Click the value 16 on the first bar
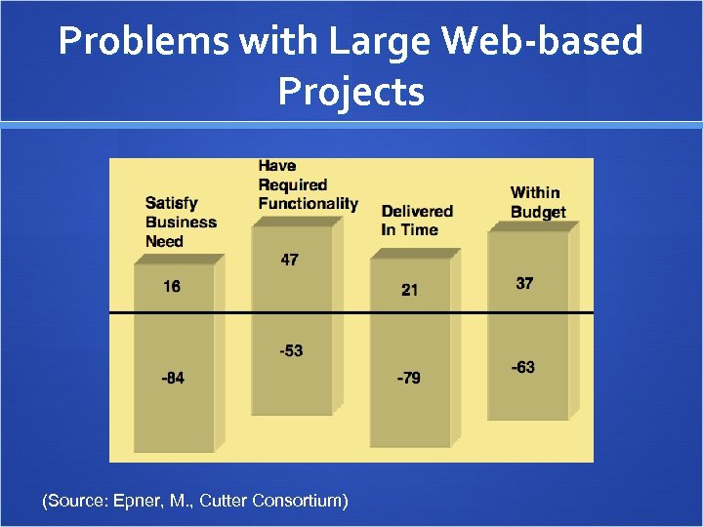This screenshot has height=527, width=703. click(x=172, y=287)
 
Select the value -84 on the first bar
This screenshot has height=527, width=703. click(x=172, y=378)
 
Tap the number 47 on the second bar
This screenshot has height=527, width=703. click(x=289, y=261)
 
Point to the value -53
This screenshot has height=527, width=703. click(x=289, y=350)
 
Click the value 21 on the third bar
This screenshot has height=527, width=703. click(x=410, y=290)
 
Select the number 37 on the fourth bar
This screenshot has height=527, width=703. click(x=524, y=283)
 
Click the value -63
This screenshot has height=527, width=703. click(x=523, y=367)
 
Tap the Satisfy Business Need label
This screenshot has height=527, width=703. click(x=181, y=222)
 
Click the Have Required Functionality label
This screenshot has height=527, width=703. click(x=307, y=184)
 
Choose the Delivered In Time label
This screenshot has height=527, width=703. click(x=417, y=220)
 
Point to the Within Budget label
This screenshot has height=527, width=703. click(x=538, y=202)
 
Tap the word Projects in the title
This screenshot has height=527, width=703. click(x=351, y=92)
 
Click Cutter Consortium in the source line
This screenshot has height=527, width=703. click(x=272, y=501)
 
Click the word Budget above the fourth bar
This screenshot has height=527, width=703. click(x=538, y=212)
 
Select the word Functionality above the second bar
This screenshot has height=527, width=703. click(x=308, y=203)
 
